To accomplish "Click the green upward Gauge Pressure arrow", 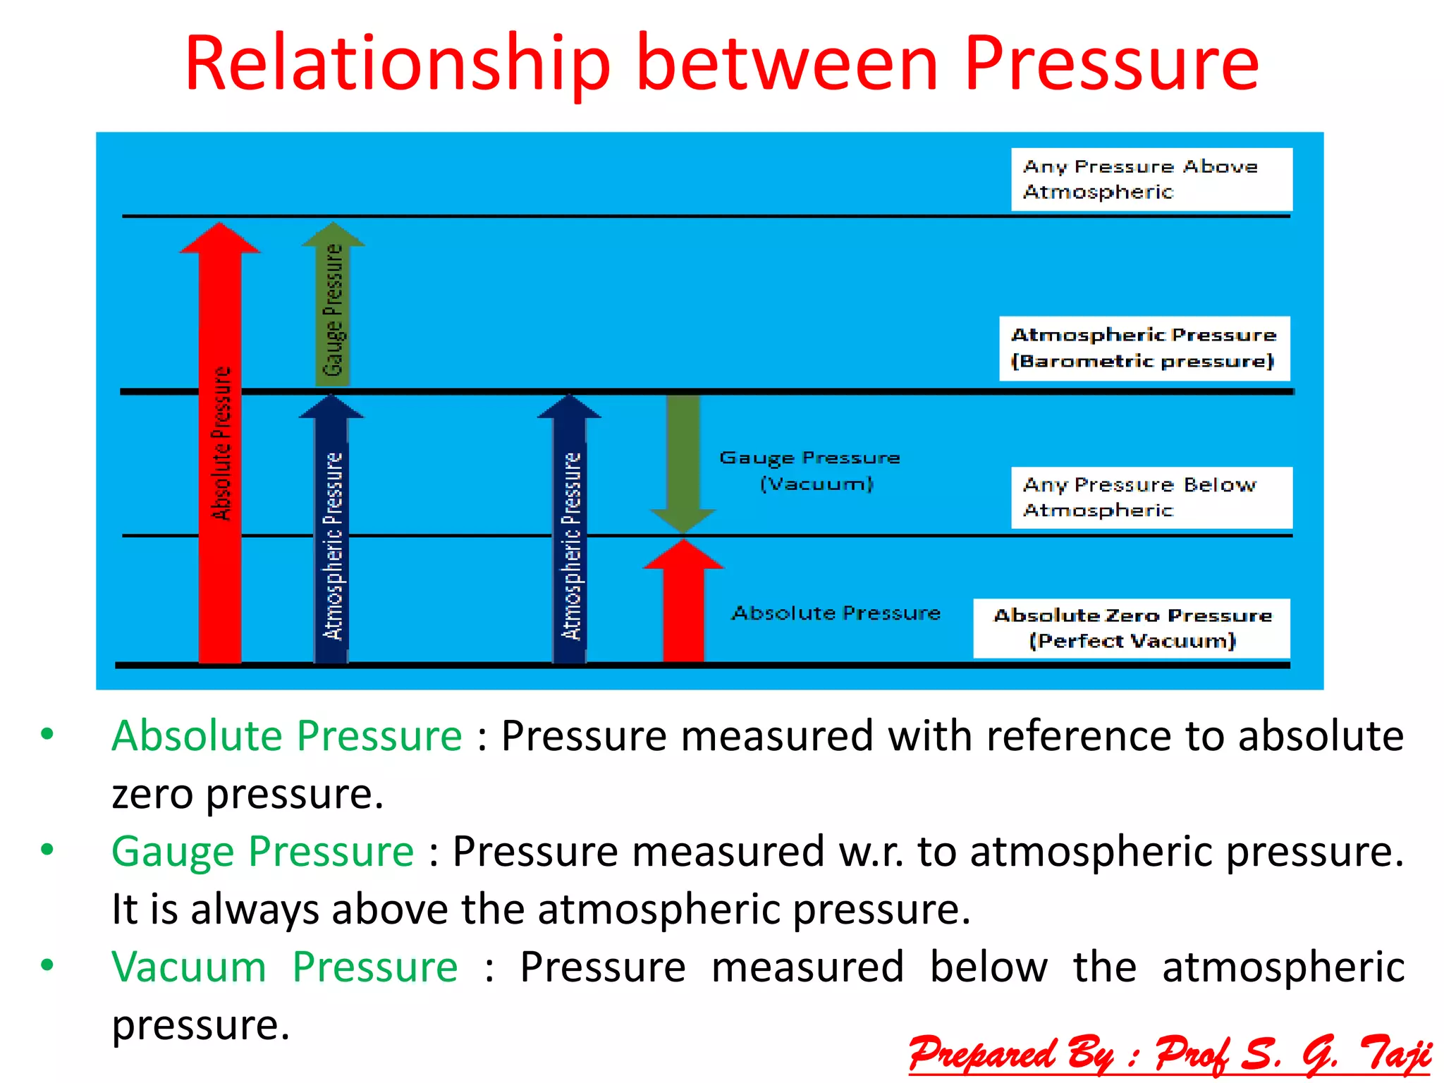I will [333, 310].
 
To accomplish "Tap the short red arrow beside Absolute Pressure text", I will [683, 606].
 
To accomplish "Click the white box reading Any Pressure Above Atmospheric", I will [1151, 179].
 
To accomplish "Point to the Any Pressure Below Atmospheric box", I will [1151, 497].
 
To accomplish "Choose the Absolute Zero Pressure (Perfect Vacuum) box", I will [1131, 628].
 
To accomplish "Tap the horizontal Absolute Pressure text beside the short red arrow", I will [836, 613].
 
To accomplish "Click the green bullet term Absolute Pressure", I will [286, 736].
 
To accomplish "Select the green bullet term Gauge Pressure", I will [262, 851].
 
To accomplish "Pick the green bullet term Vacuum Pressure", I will [284, 967].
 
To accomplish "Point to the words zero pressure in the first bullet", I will [247, 795].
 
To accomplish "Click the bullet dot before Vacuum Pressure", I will [47, 965].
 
